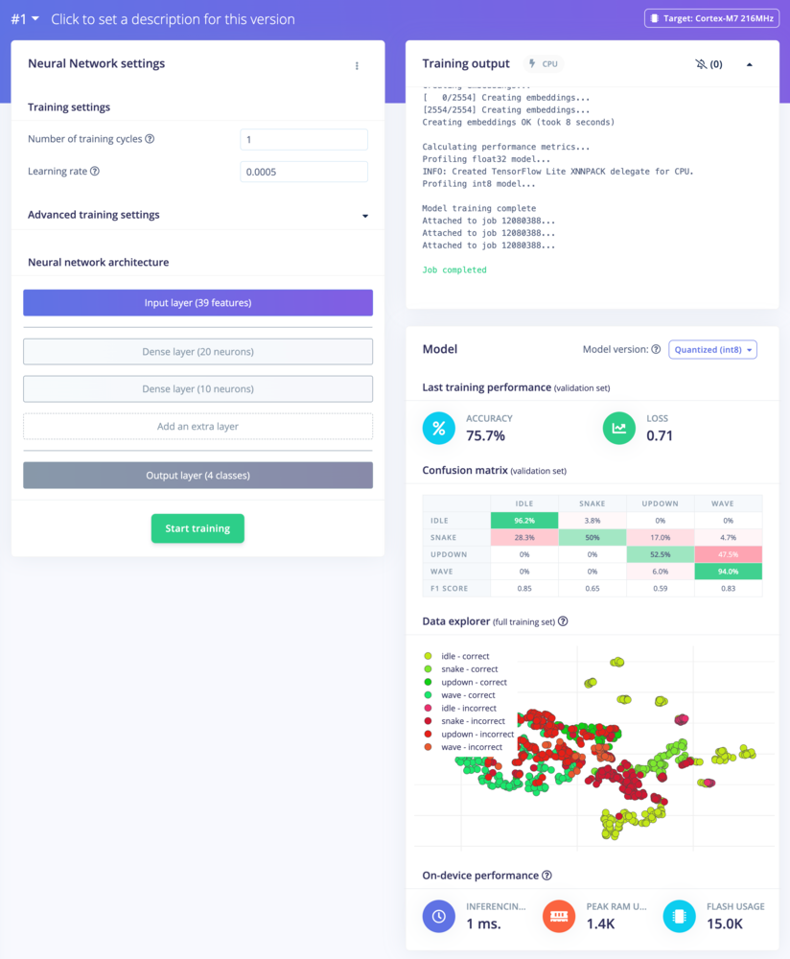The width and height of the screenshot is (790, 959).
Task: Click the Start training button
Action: click(197, 528)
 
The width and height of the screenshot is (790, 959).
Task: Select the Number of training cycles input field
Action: click(304, 140)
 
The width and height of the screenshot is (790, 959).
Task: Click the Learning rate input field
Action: click(304, 172)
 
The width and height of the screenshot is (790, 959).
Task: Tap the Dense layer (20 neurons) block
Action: click(197, 352)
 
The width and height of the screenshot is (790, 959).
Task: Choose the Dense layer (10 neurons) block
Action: click(197, 389)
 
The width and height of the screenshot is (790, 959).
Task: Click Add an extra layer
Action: click(197, 427)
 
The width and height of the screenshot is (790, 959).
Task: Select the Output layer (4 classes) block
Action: click(197, 476)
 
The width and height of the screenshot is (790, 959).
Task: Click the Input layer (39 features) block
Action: click(197, 303)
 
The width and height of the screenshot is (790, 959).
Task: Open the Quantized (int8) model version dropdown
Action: click(712, 350)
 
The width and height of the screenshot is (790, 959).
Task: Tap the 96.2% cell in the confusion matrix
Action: click(523, 520)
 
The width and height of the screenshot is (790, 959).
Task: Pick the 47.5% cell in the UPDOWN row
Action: click(728, 554)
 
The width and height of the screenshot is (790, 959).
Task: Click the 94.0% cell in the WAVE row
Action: click(728, 572)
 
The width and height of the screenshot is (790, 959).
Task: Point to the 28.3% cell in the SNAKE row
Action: click(523, 537)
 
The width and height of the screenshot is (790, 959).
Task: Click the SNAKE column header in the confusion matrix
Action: click(592, 503)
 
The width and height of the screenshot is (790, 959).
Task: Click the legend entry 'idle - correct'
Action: click(465, 656)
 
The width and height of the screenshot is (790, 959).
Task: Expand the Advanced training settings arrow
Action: click(365, 216)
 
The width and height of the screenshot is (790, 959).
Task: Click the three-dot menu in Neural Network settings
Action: click(357, 66)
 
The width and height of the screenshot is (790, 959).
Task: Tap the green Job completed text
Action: click(454, 270)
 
